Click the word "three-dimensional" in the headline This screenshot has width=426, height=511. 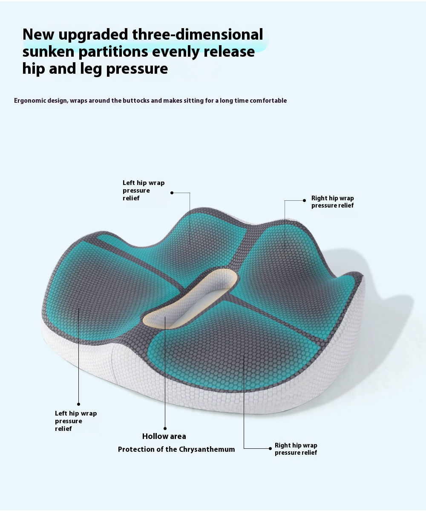pyautogui.click(x=197, y=35)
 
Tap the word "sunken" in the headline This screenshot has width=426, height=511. pyautogui.click(x=48, y=52)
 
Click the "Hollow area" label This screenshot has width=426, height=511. pyautogui.click(x=164, y=436)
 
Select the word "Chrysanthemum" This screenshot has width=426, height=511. pyautogui.click(x=207, y=449)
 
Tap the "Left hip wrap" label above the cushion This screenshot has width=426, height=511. pyautogui.click(x=144, y=183)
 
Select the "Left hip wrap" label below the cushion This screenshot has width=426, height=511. pyautogui.click(x=76, y=413)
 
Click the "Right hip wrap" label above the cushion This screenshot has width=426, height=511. pyautogui.click(x=333, y=198)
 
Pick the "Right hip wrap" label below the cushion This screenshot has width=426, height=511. pyautogui.click(x=296, y=445)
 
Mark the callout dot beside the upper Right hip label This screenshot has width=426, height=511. pyautogui.click(x=304, y=200)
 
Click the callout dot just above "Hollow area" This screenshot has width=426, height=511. pyautogui.click(x=165, y=428)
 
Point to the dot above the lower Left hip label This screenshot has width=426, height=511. pyautogui.click(x=78, y=404)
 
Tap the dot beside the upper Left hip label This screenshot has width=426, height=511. pyautogui.click(x=172, y=193)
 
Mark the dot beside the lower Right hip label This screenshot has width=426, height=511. pyautogui.click(x=270, y=448)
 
